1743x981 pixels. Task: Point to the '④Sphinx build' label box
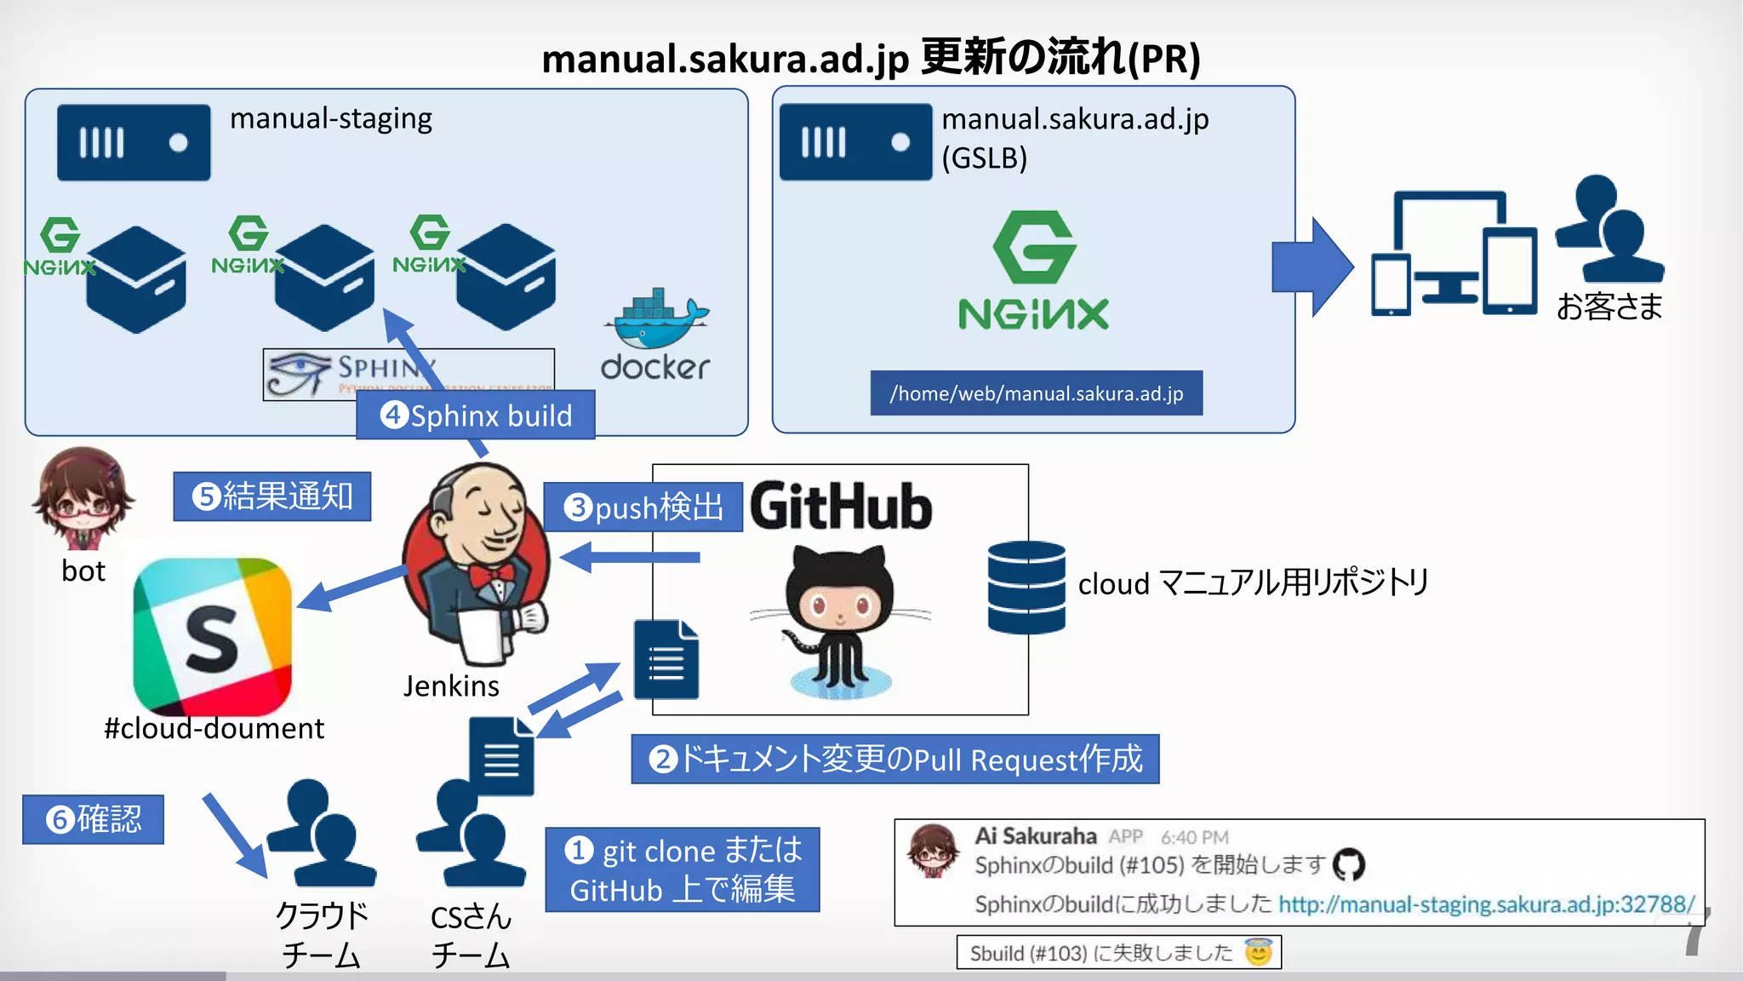pos(475,416)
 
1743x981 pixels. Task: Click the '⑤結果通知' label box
pos(272,496)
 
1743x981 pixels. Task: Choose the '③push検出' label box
pos(643,508)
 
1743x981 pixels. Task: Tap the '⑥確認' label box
pos(94,819)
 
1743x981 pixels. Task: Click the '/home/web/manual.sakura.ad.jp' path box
pos(1036,393)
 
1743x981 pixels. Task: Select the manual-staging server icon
pos(134,142)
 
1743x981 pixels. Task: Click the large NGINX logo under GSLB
pos(1033,271)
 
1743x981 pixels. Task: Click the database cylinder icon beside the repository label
pos(1026,588)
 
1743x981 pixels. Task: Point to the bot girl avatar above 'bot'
pos(83,498)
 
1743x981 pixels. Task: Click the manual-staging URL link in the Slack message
pos(1486,904)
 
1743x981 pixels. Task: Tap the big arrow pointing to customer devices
pos(1312,267)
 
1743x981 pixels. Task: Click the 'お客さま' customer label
pos(1609,307)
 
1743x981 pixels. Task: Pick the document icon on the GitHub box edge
pos(666,660)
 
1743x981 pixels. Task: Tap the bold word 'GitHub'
pos(841,507)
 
